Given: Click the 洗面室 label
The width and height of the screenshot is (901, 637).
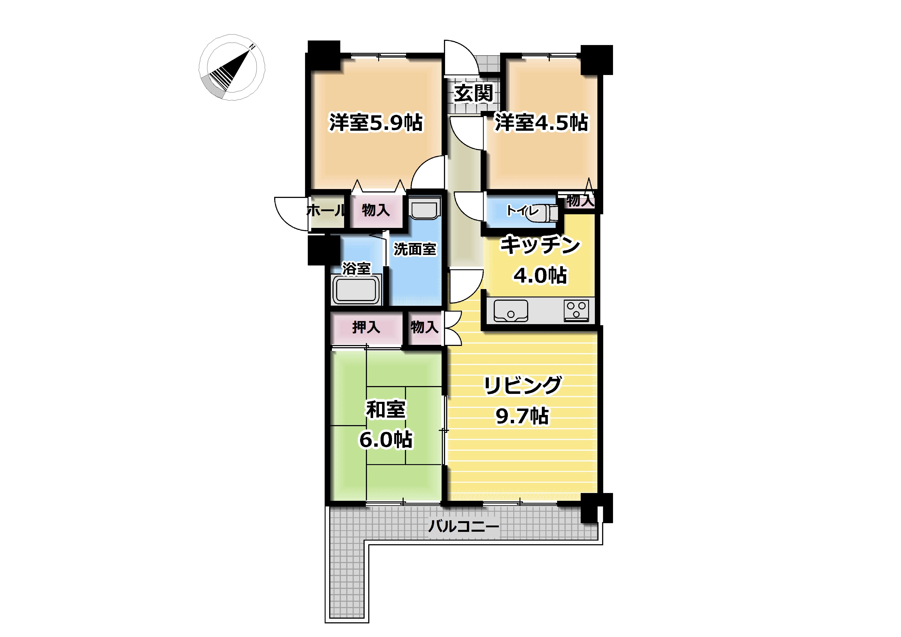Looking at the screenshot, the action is point(415,249).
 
